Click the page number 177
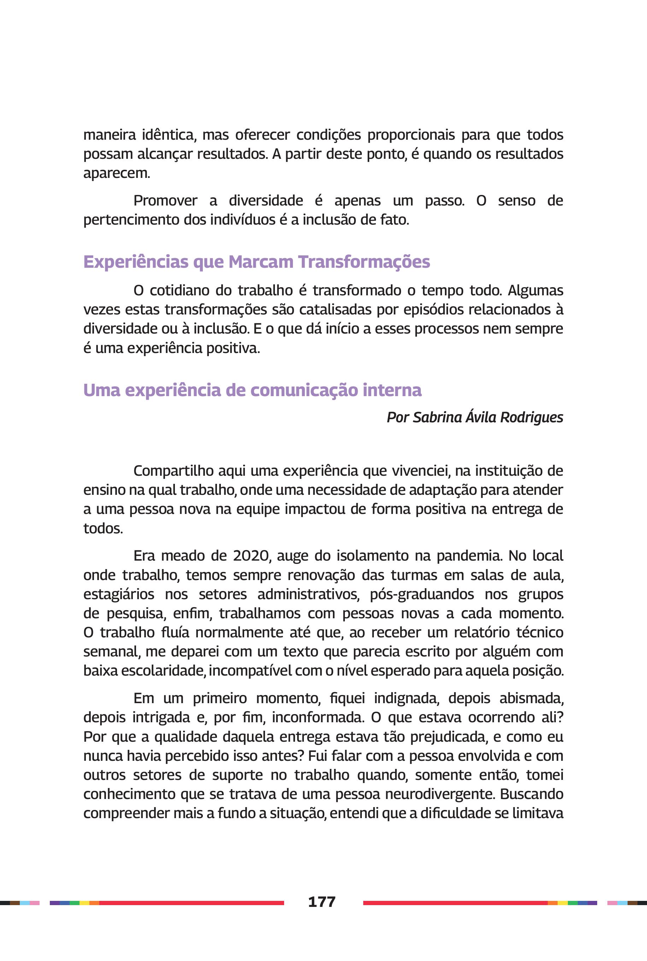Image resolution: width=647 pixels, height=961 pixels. click(x=322, y=902)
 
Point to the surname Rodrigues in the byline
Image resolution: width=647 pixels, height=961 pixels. click(x=531, y=417)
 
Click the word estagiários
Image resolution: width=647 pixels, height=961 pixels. click(x=119, y=594)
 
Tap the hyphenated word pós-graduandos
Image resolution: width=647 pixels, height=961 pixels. click(x=422, y=594)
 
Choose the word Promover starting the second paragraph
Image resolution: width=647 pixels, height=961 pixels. click(x=165, y=201)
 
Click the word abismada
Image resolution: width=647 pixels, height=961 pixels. click(x=531, y=698)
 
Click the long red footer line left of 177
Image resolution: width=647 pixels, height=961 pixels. click(x=192, y=903)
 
